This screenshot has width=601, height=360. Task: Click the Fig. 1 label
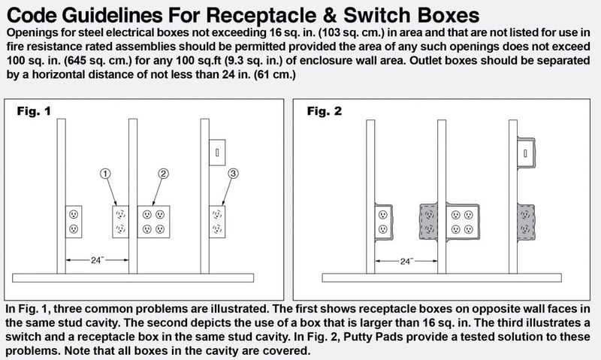[x=34, y=111]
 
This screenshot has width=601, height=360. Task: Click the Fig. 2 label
[x=324, y=111]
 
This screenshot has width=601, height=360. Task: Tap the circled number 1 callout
[x=105, y=174]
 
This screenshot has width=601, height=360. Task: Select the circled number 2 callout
[x=163, y=174]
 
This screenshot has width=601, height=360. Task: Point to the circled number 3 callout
[x=233, y=174]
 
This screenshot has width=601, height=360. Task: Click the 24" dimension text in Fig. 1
[x=97, y=260]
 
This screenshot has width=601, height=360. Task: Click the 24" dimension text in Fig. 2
[x=406, y=262]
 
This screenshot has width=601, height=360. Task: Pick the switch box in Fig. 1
[x=217, y=153]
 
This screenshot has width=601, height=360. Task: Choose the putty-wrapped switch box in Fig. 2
[x=526, y=153]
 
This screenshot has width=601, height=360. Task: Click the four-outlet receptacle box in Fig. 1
[x=154, y=222]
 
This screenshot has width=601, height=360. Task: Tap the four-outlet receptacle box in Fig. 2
[x=463, y=222]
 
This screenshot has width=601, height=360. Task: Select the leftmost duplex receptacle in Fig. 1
[x=74, y=222]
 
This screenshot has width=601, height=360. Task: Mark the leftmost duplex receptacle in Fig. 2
[x=383, y=222]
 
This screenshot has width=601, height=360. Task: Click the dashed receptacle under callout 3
[x=217, y=222]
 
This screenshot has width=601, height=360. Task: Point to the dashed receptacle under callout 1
[x=120, y=222]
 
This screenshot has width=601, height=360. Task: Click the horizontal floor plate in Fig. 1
[x=133, y=278]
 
